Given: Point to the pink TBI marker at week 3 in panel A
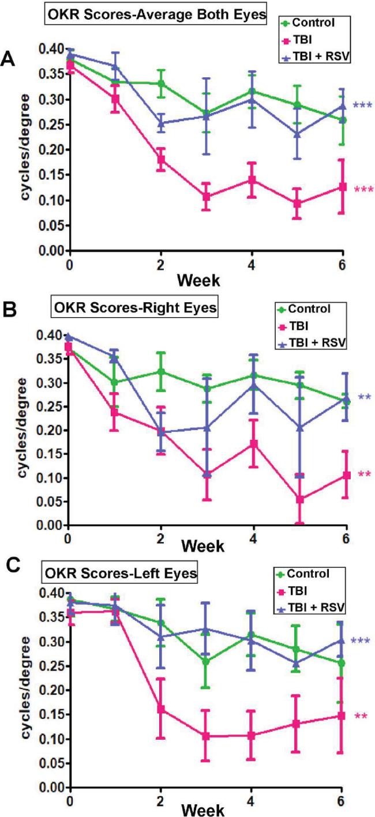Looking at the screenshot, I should tap(206, 197).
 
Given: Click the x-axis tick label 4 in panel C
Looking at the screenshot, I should tap(250, 800).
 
